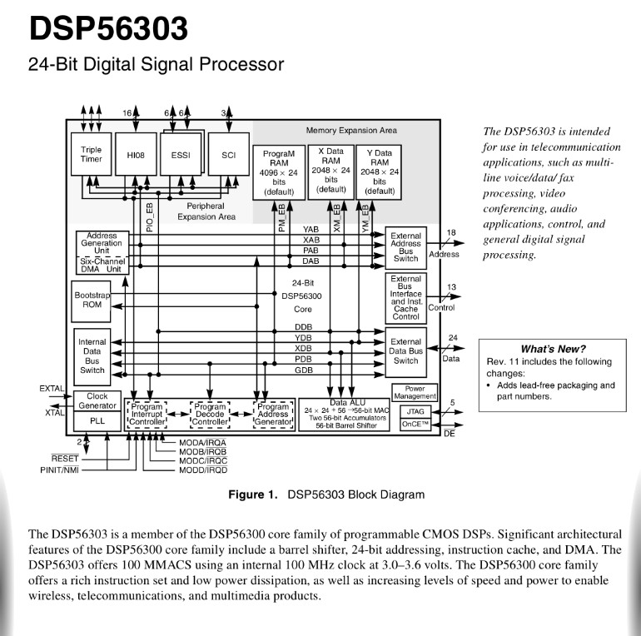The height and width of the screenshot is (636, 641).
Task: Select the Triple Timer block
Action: click(92, 155)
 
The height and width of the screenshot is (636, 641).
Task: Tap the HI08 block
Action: click(136, 155)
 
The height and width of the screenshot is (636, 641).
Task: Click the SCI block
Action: click(229, 155)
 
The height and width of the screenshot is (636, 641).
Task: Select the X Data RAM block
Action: click(330, 170)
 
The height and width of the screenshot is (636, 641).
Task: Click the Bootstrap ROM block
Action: click(92, 301)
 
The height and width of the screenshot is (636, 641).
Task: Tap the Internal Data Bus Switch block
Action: click(92, 355)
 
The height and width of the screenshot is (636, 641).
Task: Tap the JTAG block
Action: click(415, 410)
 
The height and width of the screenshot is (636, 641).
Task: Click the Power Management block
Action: click(415, 392)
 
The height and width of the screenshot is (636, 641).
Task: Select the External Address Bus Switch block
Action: click(405, 247)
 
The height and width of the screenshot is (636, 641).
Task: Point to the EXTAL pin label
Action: click(52, 389)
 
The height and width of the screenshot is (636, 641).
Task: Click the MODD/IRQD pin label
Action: click(203, 471)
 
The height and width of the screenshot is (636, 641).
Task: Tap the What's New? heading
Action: click(553, 349)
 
